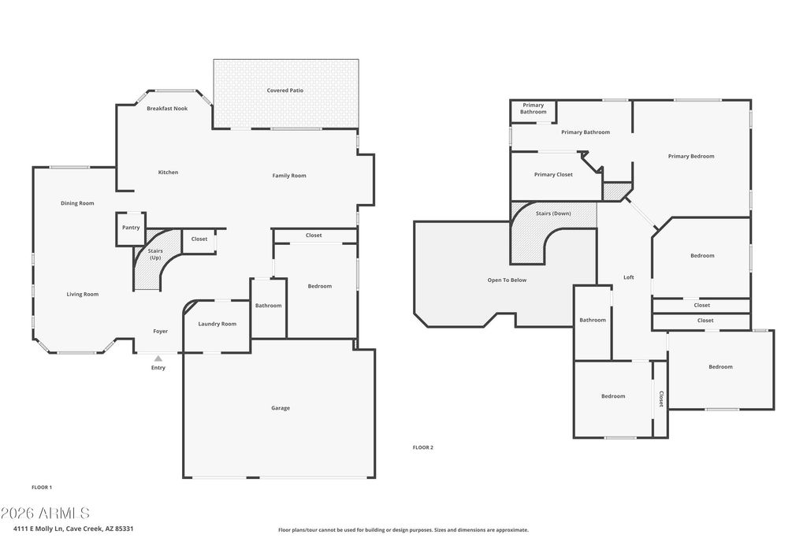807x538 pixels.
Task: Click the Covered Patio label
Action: [x=284, y=91]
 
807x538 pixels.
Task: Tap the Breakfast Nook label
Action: [x=167, y=109]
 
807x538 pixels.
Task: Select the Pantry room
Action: [x=131, y=229]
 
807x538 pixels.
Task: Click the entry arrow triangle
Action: [x=158, y=358]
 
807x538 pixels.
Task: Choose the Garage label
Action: [x=281, y=408]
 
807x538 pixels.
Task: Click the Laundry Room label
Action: [x=218, y=324]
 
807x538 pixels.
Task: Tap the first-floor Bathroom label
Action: [x=268, y=306]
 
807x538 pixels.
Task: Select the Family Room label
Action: [x=289, y=176]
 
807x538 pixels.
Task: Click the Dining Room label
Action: [x=77, y=203]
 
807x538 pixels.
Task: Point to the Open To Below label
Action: [x=507, y=280]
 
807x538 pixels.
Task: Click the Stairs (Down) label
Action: [x=553, y=213]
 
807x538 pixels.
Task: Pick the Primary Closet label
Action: [x=553, y=175]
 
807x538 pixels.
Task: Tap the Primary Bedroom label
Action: [x=691, y=157]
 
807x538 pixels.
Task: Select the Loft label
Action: [x=629, y=278]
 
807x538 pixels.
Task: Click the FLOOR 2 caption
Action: [x=423, y=447]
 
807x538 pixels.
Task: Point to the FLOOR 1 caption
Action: [x=42, y=487]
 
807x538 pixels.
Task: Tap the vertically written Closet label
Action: [x=661, y=399]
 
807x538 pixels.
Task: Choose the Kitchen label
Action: [x=168, y=173]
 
